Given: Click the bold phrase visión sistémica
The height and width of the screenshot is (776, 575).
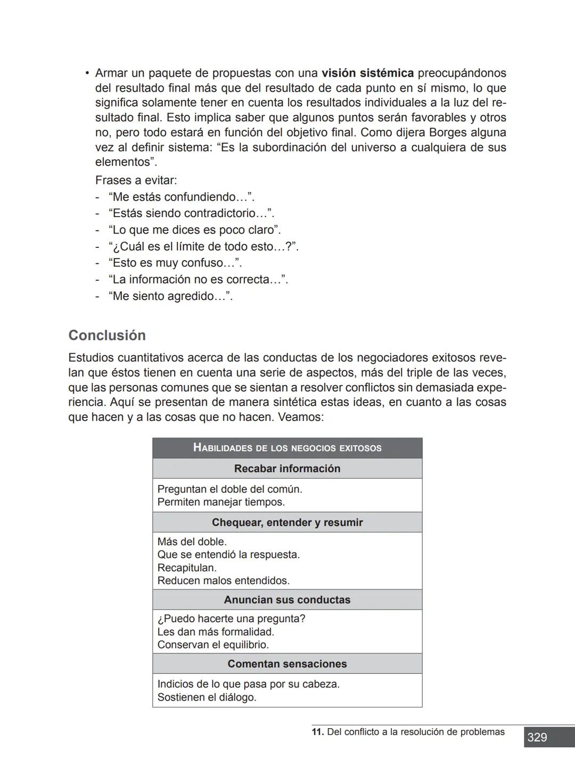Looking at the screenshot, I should coord(367,73).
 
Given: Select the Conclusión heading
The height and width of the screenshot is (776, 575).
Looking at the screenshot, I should coord(107,336).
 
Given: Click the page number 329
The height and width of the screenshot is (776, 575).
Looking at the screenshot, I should coord(537,738).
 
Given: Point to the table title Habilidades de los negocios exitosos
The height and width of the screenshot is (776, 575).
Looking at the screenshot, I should coord(287,448).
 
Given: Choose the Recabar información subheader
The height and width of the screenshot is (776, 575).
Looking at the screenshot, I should coord(287,469).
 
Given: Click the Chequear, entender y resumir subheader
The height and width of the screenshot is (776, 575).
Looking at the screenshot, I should coord(287,522).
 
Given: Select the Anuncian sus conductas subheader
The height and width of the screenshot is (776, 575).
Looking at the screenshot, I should coord(287,600).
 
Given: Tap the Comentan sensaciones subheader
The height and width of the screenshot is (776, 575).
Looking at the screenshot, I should coord(287,664).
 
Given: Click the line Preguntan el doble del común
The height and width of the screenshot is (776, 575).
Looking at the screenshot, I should coord(229,489).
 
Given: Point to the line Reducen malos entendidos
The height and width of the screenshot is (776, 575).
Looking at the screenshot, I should coord(223,581).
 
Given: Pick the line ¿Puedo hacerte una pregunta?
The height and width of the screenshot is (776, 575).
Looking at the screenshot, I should coord(231,619).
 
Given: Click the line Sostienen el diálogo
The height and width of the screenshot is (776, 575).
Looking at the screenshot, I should coord(207,697).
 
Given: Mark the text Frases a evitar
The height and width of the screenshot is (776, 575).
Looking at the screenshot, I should coord(136,180).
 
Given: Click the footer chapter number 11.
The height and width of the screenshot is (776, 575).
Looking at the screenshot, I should coord(317,732).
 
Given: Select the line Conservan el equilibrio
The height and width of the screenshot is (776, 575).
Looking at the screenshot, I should coord(213,645).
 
